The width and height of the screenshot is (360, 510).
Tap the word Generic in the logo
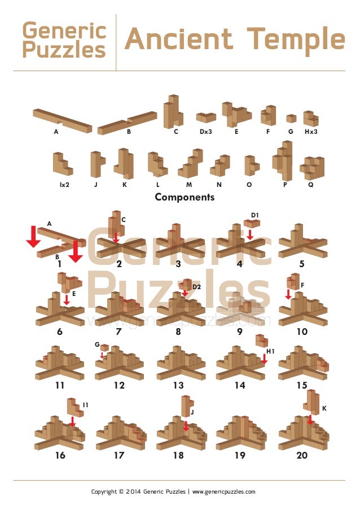(64, 30)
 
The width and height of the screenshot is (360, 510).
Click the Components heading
(185, 197)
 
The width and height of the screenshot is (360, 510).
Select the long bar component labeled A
(62, 119)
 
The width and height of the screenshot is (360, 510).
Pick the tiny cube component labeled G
(291, 119)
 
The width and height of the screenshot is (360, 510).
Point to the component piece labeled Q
(312, 167)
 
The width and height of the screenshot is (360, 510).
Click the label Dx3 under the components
(207, 132)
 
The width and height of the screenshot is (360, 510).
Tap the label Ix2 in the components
(64, 184)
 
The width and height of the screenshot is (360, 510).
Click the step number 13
(178, 386)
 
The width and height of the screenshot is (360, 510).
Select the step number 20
(302, 456)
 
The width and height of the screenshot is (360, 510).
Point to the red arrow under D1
(250, 234)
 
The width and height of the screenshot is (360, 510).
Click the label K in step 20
(324, 408)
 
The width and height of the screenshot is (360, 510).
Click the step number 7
(119, 332)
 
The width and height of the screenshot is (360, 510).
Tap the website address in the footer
(224, 492)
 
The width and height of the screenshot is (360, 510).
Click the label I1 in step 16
(85, 405)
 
